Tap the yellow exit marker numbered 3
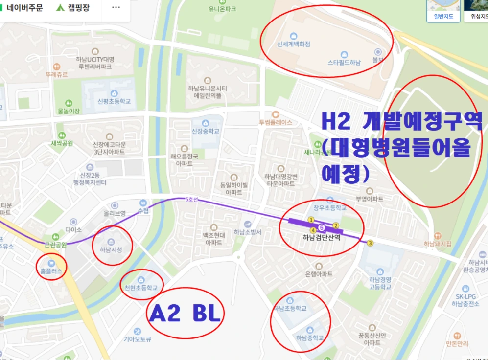(x=370, y=243)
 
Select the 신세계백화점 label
(x=294, y=44)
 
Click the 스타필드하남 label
(x=344, y=62)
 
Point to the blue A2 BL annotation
(x=185, y=313)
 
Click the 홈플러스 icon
(x=51, y=263)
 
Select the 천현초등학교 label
(x=141, y=288)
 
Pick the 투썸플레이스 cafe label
(x=276, y=122)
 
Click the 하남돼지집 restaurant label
(x=437, y=244)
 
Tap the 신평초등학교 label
(x=114, y=101)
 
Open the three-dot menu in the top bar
(x=116, y=8)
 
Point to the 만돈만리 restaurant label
(x=457, y=344)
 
